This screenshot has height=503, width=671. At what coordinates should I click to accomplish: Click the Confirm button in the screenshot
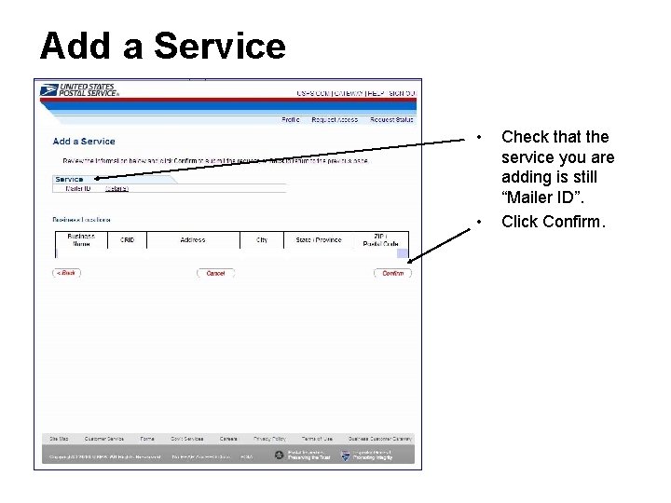[x=392, y=273]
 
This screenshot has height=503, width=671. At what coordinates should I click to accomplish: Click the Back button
[x=66, y=273]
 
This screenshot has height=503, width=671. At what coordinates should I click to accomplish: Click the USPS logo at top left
[x=78, y=90]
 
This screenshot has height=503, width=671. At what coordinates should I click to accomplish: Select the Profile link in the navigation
[x=291, y=119]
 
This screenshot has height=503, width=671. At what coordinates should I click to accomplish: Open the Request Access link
[x=334, y=119]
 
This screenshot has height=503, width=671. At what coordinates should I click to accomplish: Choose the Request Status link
[x=390, y=119]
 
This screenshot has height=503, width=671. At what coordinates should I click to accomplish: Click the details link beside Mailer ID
[x=116, y=189]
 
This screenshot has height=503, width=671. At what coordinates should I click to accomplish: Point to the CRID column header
[x=127, y=240]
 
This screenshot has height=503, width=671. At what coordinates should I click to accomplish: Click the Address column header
[x=193, y=240]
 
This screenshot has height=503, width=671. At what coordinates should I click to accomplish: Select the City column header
[x=262, y=240]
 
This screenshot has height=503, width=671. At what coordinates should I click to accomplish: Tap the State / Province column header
[x=319, y=240]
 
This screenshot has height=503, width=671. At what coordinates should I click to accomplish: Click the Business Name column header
[x=81, y=240]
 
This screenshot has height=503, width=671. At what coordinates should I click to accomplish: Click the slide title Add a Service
[x=162, y=46]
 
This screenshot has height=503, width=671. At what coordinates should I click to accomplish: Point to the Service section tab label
[x=69, y=179]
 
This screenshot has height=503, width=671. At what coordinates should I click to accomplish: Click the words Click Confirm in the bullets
[x=553, y=222]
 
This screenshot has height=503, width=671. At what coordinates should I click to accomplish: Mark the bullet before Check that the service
[x=478, y=138]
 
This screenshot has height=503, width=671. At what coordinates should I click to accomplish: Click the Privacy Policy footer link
[x=269, y=439]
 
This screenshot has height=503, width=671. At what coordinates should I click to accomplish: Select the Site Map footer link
[x=59, y=439]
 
